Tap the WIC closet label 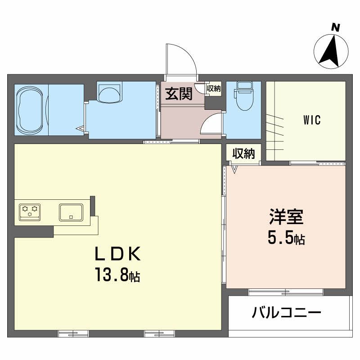pos(312,120)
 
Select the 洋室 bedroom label pos(286,216)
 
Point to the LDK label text pos(118,254)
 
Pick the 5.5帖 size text pos(286,238)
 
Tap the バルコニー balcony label pos(286,312)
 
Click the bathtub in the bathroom pos(30,110)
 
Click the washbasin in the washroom pos(109,93)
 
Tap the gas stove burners pos(30,212)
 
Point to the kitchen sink pos(71,212)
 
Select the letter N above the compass pos(335,28)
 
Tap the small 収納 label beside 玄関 pos(213,88)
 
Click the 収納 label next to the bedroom pos(243,153)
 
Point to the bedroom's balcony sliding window pos(286,292)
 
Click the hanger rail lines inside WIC pos(275,133)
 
